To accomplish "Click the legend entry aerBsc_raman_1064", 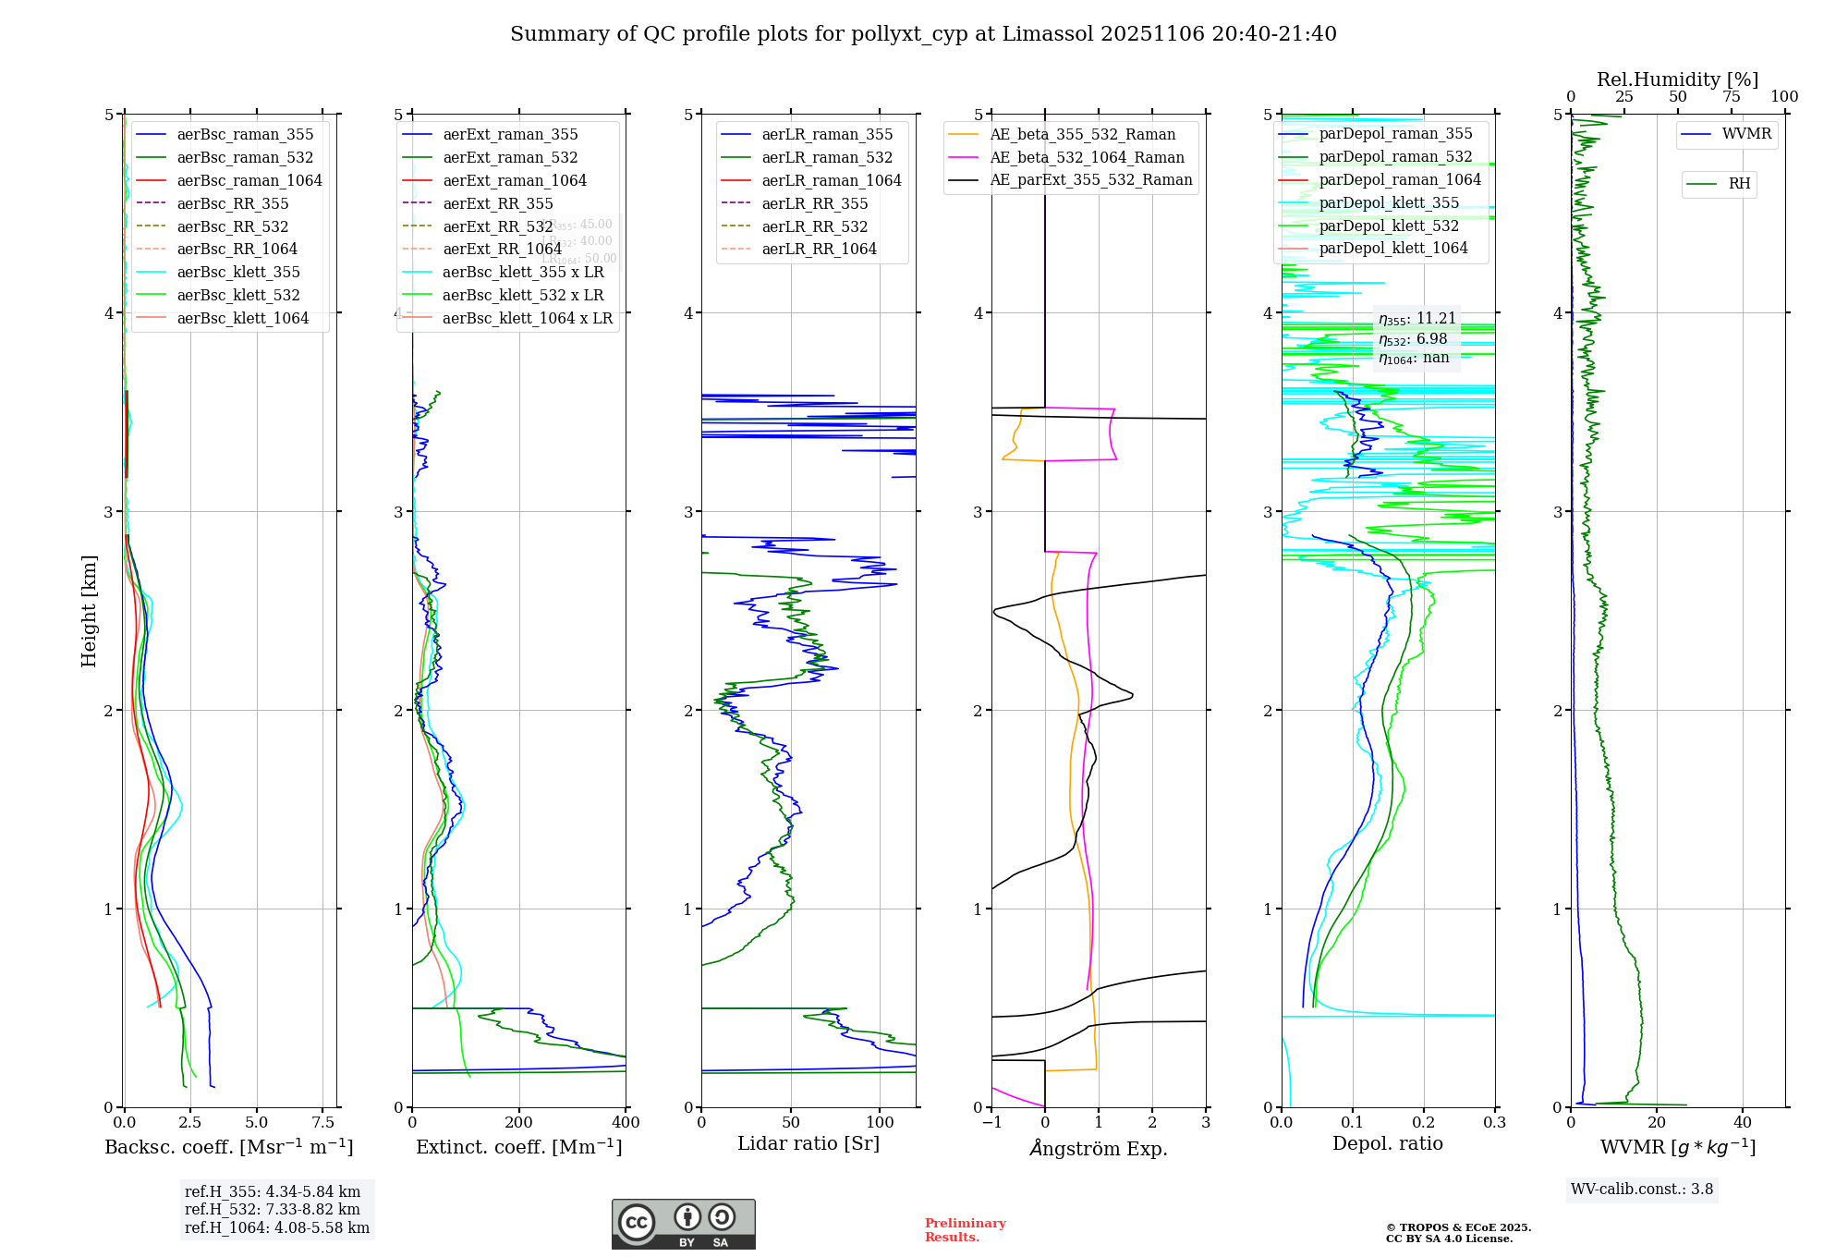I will tap(249, 181).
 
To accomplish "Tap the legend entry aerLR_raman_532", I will tap(827, 158).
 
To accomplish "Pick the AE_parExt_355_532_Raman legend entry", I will tap(1090, 180).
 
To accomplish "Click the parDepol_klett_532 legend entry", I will tap(1388, 226).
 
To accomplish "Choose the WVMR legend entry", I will tap(1746, 134).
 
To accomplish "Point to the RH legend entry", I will tap(1739, 184).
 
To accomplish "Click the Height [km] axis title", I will tap(89, 611).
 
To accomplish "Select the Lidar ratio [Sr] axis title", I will tap(808, 1144).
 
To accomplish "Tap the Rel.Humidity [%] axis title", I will tap(1677, 79).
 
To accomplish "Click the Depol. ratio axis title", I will tap(1387, 1144).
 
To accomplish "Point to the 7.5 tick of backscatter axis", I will tap(323, 1123).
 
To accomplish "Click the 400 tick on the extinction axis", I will tap(626, 1123).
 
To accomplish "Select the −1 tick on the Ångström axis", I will tap(991, 1123).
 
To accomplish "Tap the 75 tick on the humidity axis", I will tap(1731, 97).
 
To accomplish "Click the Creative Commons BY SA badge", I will tap(683, 1225).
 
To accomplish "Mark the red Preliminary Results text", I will tap(965, 1230).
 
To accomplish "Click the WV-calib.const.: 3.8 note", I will tap(1641, 1190).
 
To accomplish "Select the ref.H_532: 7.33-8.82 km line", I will tap(272, 1210).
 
